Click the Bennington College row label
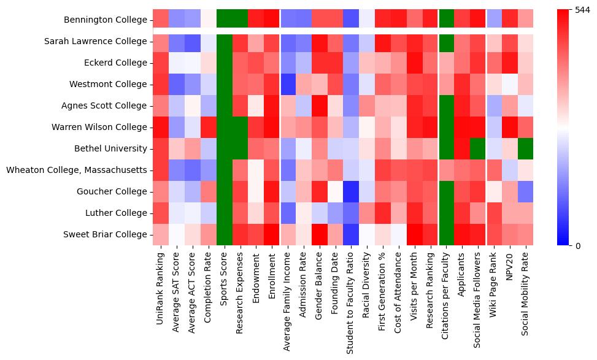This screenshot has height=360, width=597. [106, 20]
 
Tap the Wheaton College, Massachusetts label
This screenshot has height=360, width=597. [77, 170]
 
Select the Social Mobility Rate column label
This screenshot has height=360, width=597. [527, 292]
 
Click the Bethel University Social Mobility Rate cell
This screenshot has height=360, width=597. [527, 148]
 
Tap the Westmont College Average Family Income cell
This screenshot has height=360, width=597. [288, 84]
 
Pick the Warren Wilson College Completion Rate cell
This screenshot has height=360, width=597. [208, 127]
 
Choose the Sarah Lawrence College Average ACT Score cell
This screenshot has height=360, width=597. [192, 41]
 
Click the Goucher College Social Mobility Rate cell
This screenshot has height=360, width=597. [527, 191]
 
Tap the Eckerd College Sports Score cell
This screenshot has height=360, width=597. [224, 63]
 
